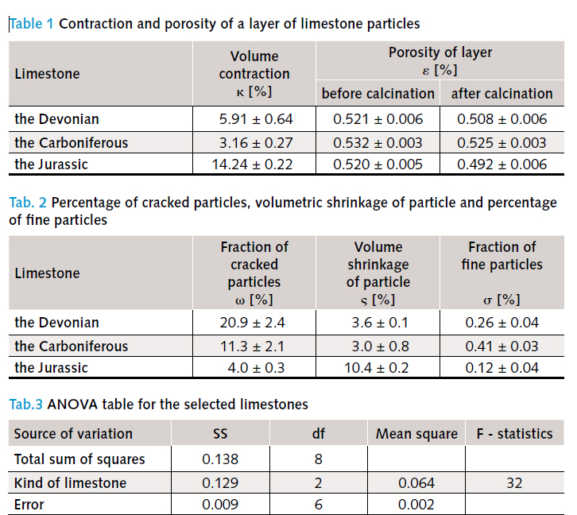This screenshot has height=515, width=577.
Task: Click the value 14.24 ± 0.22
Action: coord(252,165)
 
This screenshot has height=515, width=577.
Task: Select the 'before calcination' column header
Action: coord(378,94)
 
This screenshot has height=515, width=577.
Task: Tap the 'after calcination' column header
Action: coord(502,94)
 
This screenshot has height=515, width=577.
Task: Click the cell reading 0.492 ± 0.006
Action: coord(502,165)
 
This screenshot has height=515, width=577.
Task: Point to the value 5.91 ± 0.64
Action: coord(256,119)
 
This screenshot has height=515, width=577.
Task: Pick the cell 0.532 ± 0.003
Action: coord(378,143)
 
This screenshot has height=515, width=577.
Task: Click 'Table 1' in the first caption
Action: coord(31,24)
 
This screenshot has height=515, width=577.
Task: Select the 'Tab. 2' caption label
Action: coord(28,203)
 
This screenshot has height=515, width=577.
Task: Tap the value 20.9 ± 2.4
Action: coord(253,323)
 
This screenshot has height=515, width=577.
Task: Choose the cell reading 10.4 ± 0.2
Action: coord(377,368)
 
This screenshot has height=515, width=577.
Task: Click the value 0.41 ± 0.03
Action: coord(502,347)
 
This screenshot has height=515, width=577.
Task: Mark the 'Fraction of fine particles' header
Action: coord(502,256)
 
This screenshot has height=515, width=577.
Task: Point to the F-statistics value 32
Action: coord(514,483)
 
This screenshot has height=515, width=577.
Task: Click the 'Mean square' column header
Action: coord(416,434)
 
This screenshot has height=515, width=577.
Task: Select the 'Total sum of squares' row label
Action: coord(79,459)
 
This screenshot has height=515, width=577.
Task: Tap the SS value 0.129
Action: coord(220,483)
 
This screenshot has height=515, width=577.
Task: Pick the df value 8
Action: coord(319,459)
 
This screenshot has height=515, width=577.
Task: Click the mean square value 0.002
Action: coord(416,505)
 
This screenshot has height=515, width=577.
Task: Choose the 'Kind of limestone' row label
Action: coord(70,483)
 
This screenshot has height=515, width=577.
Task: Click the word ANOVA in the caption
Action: coord(72,405)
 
